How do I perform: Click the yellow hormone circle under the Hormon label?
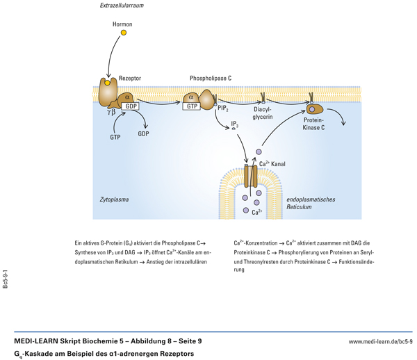(x=124, y=33)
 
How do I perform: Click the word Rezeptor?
(x=130, y=79)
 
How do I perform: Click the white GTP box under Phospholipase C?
(x=193, y=106)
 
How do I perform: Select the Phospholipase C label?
(x=211, y=79)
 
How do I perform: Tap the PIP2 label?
(x=224, y=109)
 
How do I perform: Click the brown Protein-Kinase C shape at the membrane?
(x=315, y=108)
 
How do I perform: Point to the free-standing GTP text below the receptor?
(x=115, y=137)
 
